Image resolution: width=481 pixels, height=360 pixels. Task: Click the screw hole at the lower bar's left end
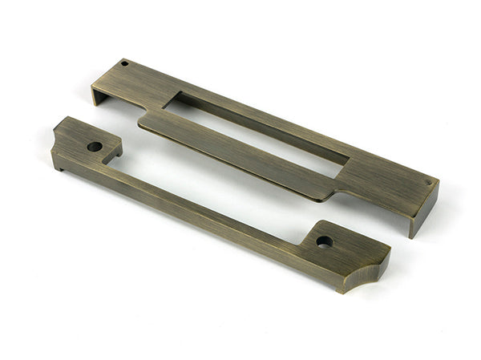coord(95,147)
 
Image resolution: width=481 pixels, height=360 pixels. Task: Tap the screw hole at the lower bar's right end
coord(324,241)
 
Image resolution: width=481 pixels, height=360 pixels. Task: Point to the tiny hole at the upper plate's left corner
coord(124,63)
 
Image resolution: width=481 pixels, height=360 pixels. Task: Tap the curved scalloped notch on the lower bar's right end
coord(374,275)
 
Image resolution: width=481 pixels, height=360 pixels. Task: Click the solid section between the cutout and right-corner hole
coord(385,180)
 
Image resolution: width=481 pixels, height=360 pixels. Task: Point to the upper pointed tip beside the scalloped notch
coord(388,255)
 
